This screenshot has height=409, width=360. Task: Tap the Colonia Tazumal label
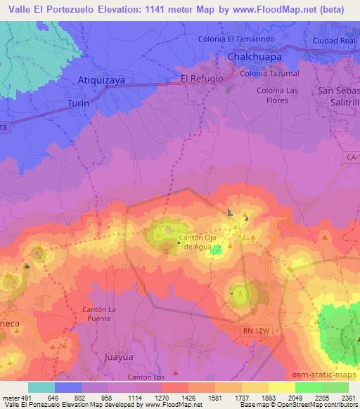[269, 73]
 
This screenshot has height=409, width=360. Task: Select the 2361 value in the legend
[348, 396]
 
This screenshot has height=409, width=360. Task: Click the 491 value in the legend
[28, 396]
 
